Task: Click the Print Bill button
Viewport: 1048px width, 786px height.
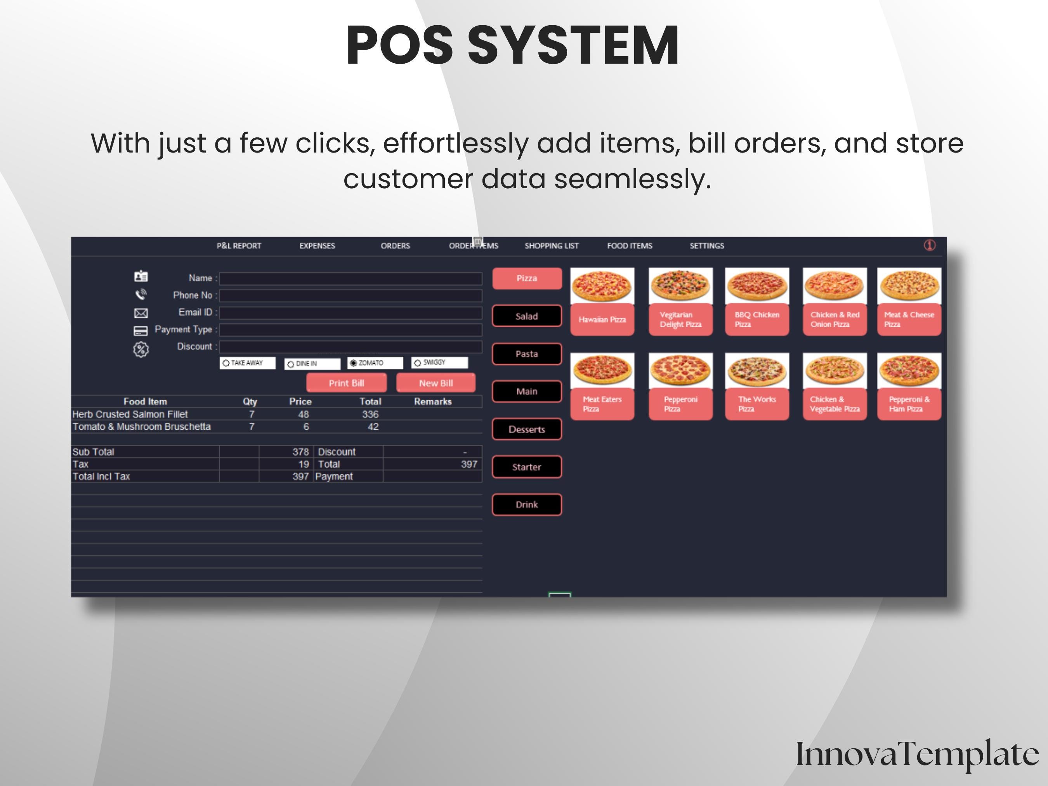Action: pyautogui.click(x=346, y=383)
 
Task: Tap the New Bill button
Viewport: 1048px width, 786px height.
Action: pyautogui.click(x=436, y=383)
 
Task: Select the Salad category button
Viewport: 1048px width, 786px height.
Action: pyautogui.click(x=527, y=316)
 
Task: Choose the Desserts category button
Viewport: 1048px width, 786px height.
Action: pyautogui.click(x=527, y=429)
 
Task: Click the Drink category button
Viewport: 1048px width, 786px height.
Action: pyautogui.click(x=527, y=505)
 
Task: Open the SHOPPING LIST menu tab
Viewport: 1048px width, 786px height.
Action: pyautogui.click(x=552, y=246)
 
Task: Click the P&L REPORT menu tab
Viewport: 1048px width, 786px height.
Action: pyautogui.click(x=239, y=246)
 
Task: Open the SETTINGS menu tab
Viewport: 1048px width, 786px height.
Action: pyautogui.click(x=706, y=246)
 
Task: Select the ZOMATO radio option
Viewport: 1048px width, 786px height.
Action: pyautogui.click(x=354, y=363)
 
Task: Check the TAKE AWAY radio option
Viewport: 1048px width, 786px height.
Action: pyautogui.click(x=226, y=363)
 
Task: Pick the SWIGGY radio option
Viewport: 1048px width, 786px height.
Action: pyautogui.click(x=417, y=363)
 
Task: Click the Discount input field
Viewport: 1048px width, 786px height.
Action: pyautogui.click(x=350, y=347)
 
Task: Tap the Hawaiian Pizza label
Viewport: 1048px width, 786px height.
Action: pyautogui.click(x=602, y=320)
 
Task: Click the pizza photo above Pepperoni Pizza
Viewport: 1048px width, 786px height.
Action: pyautogui.click(x=680, y=371)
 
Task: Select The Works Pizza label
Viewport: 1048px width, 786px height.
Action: pyautogui.click(x=757, y=404)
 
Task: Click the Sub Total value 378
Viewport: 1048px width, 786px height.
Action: pyautogui.click(x=300, y=452)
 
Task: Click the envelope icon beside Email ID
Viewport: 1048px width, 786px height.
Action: pyautogui.click(x=141, y=313)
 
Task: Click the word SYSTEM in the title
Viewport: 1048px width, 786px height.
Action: pyautogui.click(x=573, y=45)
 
